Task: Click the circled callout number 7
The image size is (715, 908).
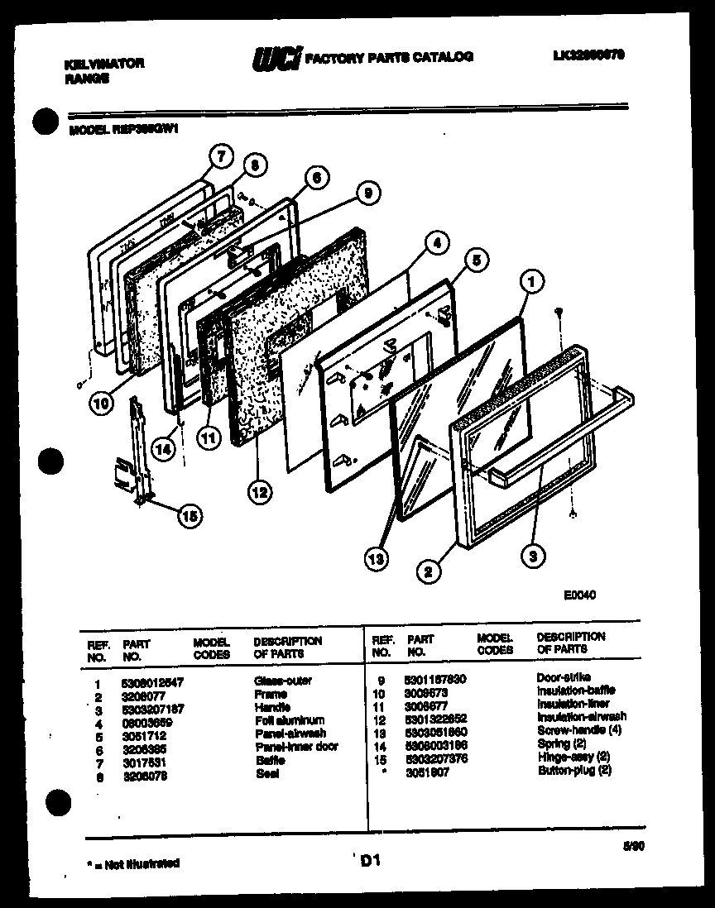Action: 219,156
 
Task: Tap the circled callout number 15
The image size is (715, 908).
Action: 190,517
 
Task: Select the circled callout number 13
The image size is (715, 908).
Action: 378,558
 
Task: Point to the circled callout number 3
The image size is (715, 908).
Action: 534,556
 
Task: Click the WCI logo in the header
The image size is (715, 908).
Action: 276,58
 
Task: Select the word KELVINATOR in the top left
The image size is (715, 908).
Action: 104,64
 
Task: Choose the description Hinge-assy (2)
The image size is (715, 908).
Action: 573,756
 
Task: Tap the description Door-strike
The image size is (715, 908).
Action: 564,677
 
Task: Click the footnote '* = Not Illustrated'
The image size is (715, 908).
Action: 132,863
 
